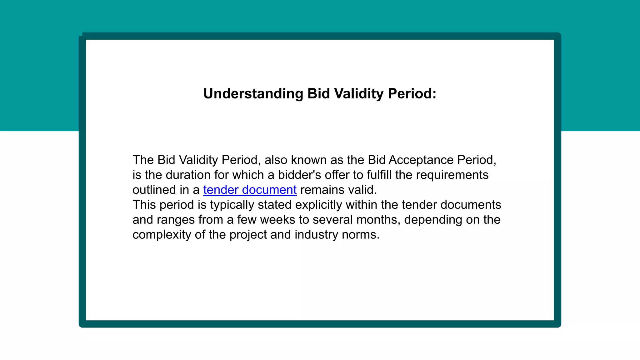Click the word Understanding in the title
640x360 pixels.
tap(253, 94)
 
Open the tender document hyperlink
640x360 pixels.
tap(250, 190)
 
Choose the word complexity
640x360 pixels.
tap(162, 235)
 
